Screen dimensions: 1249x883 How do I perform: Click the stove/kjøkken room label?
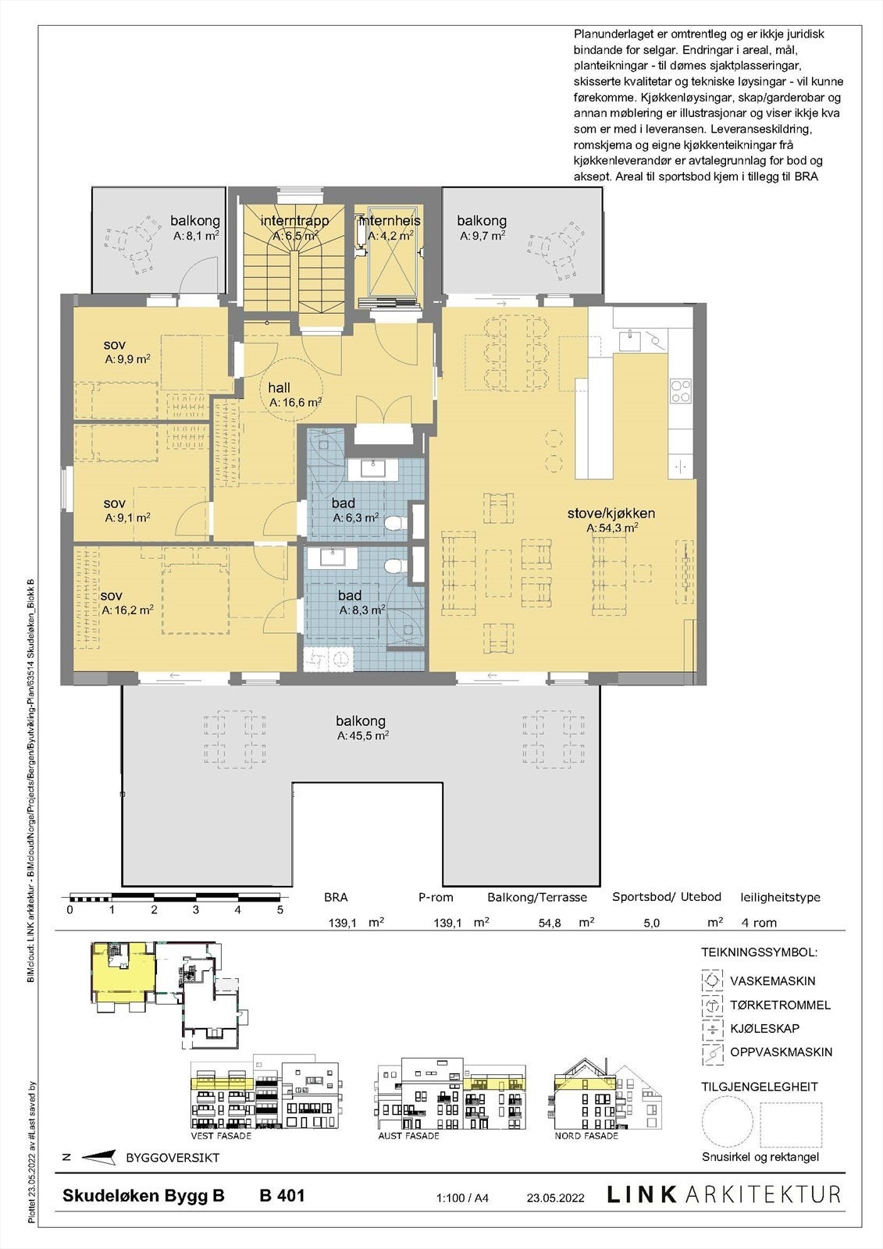coord(611,513)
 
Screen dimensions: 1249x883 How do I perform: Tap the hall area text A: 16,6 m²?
coord(295,403)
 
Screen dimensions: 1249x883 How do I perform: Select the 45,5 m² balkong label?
coord(361,721)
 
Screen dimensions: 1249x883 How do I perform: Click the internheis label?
coord(389,221)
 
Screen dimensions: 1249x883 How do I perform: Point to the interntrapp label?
coord(294,221)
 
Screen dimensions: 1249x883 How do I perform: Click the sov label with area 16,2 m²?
coord(112,596)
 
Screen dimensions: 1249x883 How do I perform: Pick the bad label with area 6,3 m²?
coord(344,504)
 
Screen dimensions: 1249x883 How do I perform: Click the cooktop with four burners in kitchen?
coord(681,391)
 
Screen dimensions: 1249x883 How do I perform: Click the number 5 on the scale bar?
coord(279,909)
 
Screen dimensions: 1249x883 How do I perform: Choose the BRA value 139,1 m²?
coord(342,923)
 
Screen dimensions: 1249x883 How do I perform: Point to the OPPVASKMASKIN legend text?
coord(781,1052)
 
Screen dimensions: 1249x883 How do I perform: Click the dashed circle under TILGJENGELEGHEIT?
coord(727,1123)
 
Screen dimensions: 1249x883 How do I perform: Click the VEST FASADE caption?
coord(215,1136)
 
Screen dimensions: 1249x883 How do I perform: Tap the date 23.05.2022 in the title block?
coord(555,1197)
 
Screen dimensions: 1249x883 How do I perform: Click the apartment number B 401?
coord(282,1195)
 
